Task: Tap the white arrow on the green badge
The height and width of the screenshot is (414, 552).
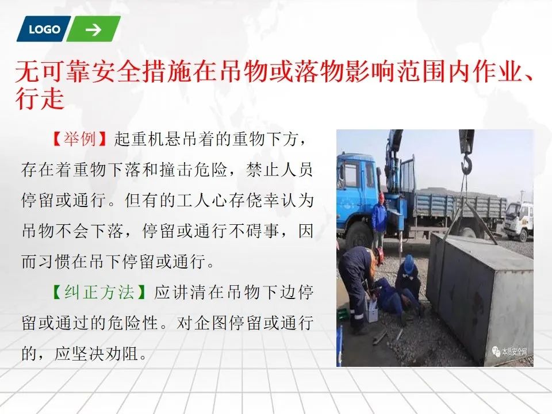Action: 93,29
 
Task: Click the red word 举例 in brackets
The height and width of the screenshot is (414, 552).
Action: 79,139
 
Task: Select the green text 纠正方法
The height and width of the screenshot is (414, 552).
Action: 99,293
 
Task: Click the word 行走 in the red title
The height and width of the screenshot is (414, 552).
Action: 40,98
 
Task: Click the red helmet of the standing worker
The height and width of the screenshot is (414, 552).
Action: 381,197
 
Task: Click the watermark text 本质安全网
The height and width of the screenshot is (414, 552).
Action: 514,351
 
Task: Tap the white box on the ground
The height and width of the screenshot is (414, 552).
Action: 371,310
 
